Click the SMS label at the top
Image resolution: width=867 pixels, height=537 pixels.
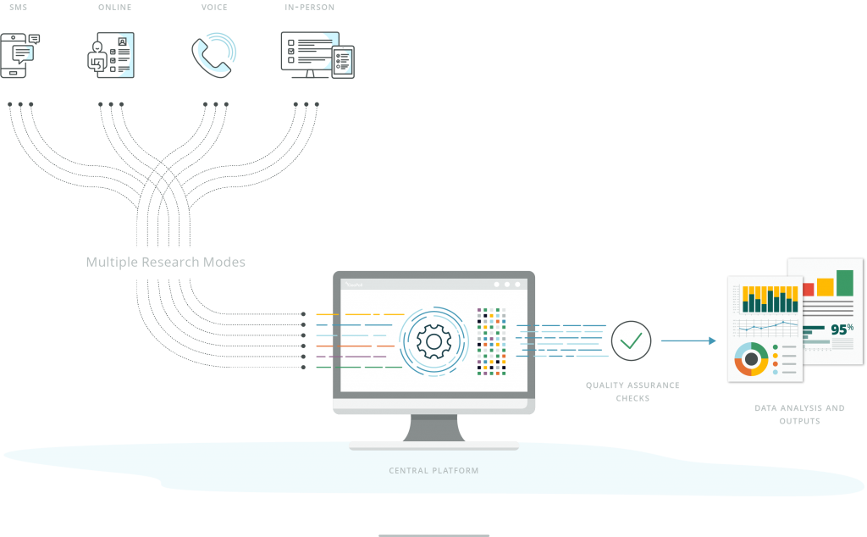[18, 8]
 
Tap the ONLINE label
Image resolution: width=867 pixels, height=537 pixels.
[114, 8]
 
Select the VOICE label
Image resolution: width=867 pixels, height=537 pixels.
[214, 8]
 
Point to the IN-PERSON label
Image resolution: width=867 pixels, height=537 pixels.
[309, 8]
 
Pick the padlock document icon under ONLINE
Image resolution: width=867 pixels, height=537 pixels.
[110, 56]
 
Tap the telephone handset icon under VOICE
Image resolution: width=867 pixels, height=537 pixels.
[213, 54]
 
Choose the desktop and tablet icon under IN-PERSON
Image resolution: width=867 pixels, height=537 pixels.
[316, 56]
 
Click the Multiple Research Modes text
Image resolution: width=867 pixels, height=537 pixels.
[166, 262]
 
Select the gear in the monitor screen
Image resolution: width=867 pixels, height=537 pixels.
[433, 341]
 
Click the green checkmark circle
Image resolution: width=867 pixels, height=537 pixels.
[631, 341]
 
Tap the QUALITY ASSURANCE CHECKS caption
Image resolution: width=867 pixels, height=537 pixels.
[632, 391]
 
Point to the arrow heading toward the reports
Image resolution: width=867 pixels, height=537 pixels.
[688, 341]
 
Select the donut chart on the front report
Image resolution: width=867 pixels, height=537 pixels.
[751, 358]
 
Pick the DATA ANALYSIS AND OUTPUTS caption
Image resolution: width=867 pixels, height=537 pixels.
[799, 414]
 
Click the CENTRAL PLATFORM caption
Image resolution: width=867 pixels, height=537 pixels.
[433, 470]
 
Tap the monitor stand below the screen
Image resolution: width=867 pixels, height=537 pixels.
[433, 429]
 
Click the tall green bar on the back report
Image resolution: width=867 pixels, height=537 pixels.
[844, 282]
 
